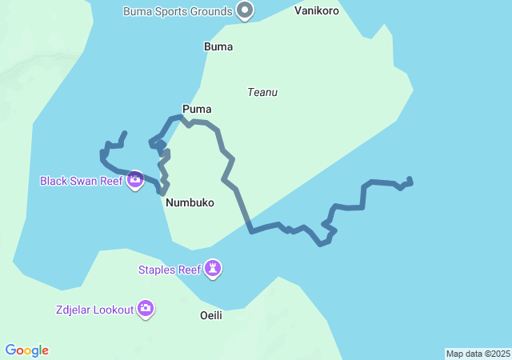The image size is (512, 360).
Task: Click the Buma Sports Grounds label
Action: [x=178, y=11]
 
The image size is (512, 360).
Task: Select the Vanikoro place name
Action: [x=317, y=11]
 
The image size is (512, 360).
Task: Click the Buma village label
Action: [x=218, y=46]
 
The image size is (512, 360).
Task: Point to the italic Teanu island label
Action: [x=262, y=92]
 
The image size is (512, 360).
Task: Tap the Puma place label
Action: [x=197, y=109]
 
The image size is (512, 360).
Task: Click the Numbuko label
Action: [x=190, y=203]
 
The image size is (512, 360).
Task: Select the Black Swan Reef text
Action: [x=81, y=181]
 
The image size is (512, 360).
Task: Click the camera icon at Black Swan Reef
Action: [x=135, y=180]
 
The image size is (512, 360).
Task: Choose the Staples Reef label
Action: [x=170, y=270]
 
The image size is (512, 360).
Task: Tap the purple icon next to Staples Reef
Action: [x=213, y=268]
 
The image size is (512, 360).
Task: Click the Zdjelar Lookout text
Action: [x=94, y=310]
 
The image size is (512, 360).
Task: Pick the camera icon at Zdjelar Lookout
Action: [x=146, y=308]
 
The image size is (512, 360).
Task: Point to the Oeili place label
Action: [x=211, y=315]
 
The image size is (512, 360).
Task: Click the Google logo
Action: [x=26, y=350]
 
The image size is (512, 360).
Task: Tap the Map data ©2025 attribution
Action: [x=478, y=354]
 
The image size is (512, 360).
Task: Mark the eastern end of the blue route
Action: [x=410, y=179]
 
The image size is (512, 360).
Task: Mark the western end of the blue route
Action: [x=124, y=133]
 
